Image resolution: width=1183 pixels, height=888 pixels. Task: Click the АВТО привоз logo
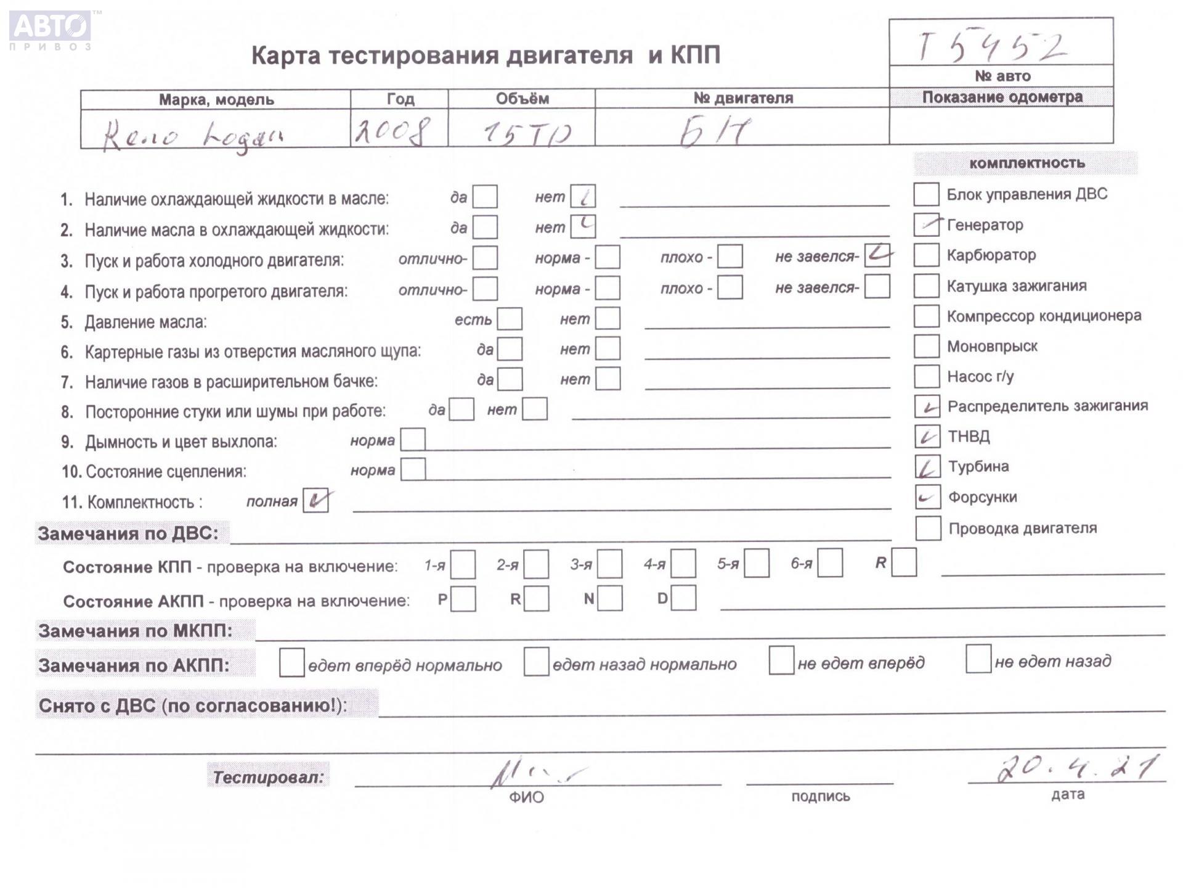pos(51,30)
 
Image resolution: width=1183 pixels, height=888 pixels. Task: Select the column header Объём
pos(522,99)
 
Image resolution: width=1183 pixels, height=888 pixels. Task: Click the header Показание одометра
pos(1002,97)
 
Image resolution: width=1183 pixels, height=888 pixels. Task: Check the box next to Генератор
pos(926,224)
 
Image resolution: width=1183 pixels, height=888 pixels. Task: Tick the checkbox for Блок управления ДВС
pos(926,194)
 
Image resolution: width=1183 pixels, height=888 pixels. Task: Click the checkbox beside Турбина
pos(927,467)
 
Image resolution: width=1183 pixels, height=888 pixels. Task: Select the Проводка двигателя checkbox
pos(928,528)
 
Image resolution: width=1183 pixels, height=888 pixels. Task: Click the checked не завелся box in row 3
pos(877,255)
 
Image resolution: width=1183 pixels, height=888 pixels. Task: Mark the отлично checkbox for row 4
pos(485,289)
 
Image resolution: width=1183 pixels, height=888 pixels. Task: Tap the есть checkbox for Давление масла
pos(510,319)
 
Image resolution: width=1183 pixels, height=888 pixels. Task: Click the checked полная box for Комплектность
pos(315,501)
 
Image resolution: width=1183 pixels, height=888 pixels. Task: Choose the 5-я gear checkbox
pos(756,564)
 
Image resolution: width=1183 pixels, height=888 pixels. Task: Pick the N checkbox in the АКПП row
pos(609,599)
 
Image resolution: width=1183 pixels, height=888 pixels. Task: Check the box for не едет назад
pos(978,659)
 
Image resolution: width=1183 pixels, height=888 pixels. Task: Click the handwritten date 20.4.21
pos(1076,768)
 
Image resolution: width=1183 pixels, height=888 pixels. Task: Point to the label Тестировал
pos(268,776)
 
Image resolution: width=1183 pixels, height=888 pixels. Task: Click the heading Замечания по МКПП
pos(136,631)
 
